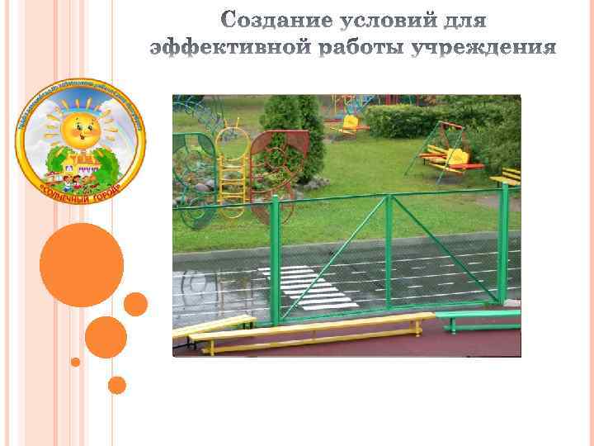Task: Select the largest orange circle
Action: tap(81, 264)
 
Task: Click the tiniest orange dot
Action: tap(75, 362)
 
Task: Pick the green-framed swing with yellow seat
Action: tap(450, 149)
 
